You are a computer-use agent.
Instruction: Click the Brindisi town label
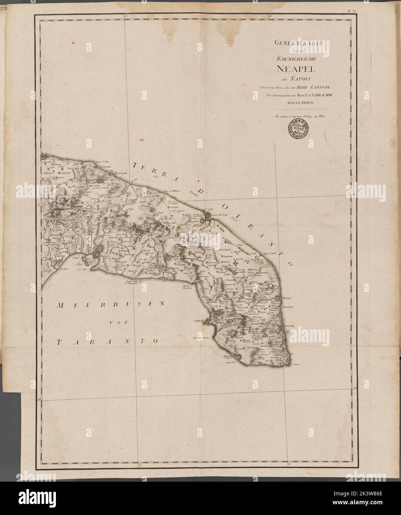pyautogui.click(x=195, y=221)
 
